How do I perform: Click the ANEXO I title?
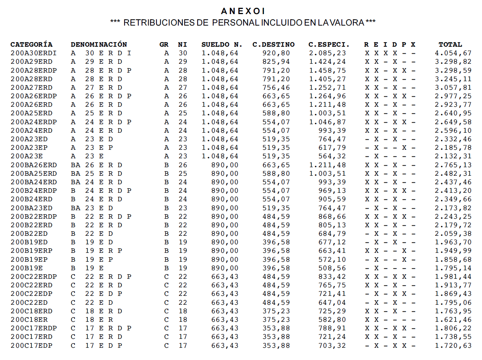[x=243, y=11]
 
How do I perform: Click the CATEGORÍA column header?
[x=32, y=44]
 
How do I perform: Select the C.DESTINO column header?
[x=273, y=44]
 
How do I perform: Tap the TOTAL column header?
[x=450, y=44]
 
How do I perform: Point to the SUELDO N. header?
[x=222, y=44]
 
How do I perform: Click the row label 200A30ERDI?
[x=33, y=53]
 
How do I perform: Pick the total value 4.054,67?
[x=453, y=53]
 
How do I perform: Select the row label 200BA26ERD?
[x=33, y=165]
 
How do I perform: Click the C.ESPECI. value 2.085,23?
[x=327, y=53]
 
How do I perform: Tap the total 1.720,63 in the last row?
[x=453, y=346]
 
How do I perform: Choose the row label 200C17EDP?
[x=32, y=346]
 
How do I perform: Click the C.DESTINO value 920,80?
[x=276, y=53]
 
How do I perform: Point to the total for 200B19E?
[x=453, y=268]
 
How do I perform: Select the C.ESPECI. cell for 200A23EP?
[x=332, y=148]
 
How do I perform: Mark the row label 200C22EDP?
[x=32, y=294]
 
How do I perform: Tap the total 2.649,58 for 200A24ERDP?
[x=453, y=122]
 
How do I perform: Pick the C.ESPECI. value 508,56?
[x=332, y=268]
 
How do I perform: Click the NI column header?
[x=182, y=44]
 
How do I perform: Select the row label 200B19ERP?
[x=32, y=251]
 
